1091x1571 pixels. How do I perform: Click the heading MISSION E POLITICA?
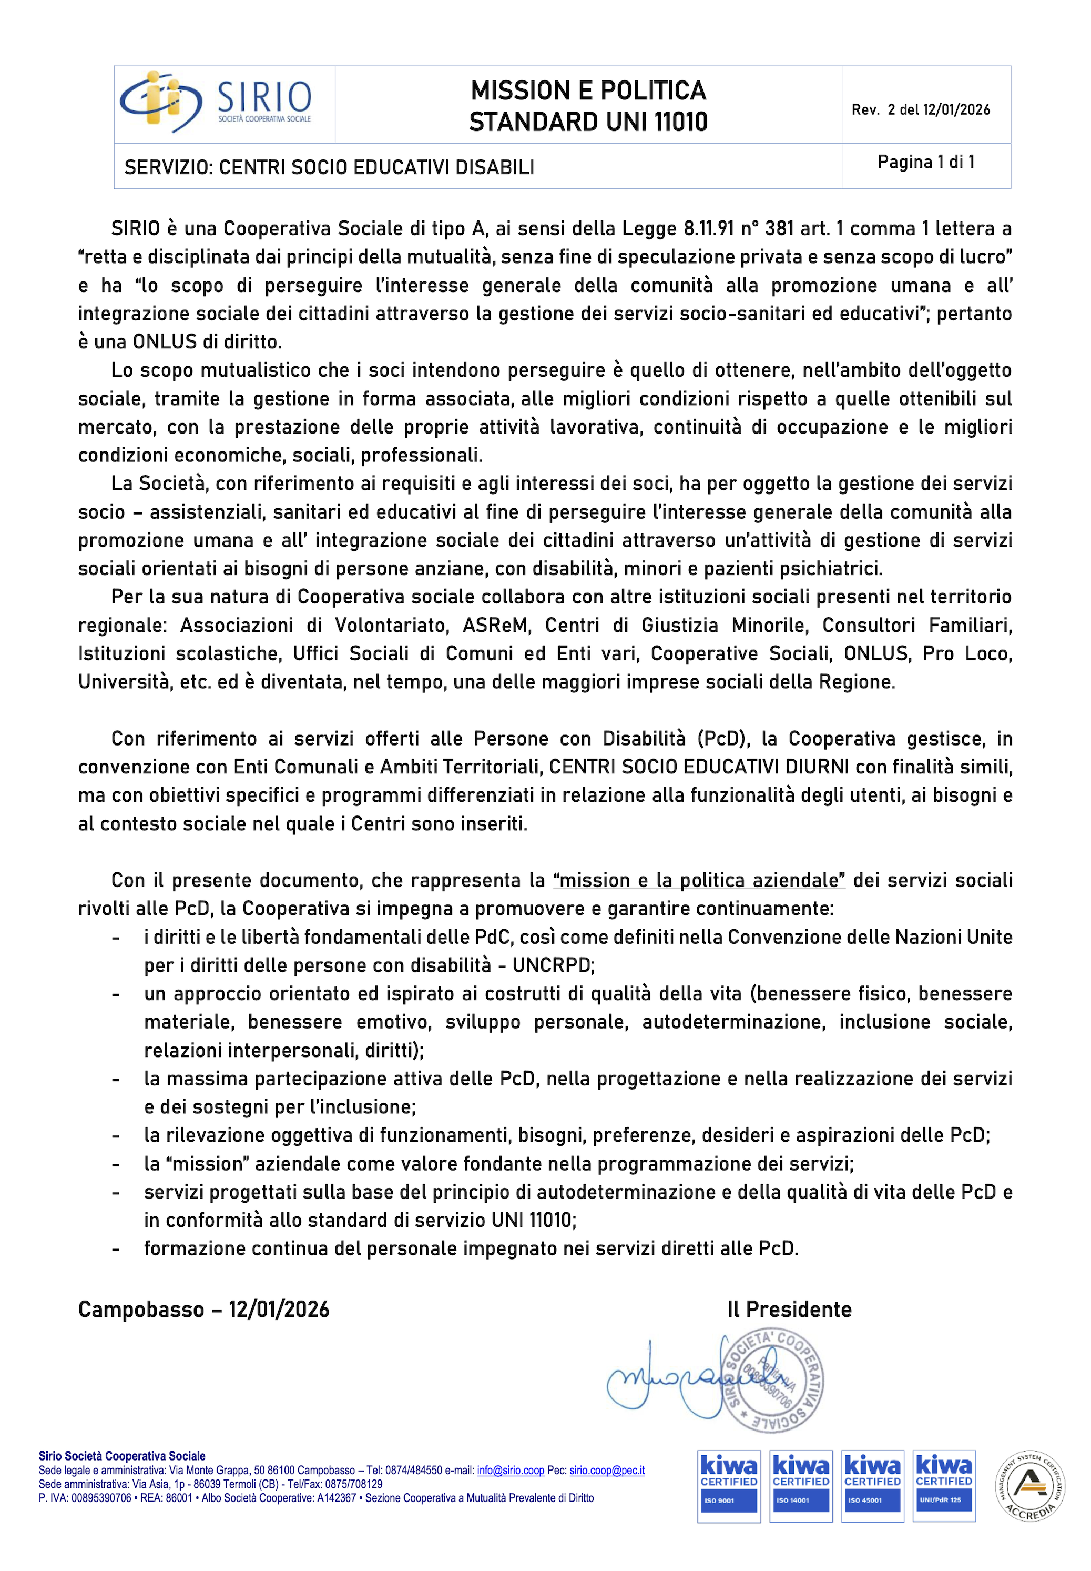point(588,90)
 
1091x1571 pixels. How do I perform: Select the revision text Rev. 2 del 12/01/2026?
point(921,110)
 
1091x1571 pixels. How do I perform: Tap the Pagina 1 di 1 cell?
point(925,162)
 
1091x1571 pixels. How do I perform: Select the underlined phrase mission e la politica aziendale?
point(699,880)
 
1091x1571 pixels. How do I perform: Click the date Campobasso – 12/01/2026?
point(203,1309)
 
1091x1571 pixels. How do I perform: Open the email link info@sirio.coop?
point(511,1471)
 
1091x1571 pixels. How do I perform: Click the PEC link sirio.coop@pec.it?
point(607,1471)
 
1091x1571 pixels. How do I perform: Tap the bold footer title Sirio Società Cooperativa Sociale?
point(121,1456)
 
